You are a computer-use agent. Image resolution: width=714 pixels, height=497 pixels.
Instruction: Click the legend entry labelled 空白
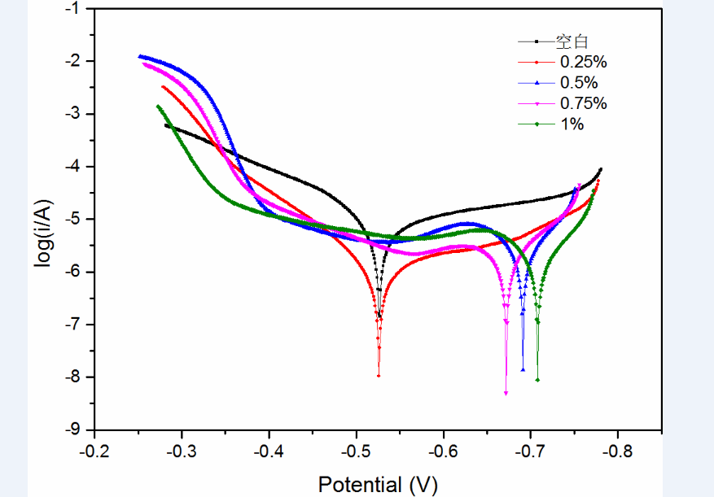[572, 41]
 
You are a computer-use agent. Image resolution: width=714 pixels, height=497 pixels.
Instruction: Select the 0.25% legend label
[583, 61]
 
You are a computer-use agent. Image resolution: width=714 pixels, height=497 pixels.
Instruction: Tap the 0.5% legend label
[579, 82]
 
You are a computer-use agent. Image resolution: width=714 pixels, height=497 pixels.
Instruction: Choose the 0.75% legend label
[583, 103]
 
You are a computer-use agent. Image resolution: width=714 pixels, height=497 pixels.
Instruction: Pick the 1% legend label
[572, 124]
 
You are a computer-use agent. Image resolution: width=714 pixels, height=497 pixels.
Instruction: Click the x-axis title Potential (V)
[377, 485]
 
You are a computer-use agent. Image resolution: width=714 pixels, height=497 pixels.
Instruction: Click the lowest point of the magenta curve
[506, 393]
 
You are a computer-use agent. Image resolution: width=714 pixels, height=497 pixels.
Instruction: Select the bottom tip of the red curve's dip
[379, 375]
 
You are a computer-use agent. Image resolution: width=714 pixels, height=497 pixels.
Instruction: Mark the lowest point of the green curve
[537, 380]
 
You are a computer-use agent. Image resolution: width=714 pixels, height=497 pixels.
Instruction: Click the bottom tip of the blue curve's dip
[523, 370]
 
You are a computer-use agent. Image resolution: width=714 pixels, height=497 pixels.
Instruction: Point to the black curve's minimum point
[380, 316]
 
